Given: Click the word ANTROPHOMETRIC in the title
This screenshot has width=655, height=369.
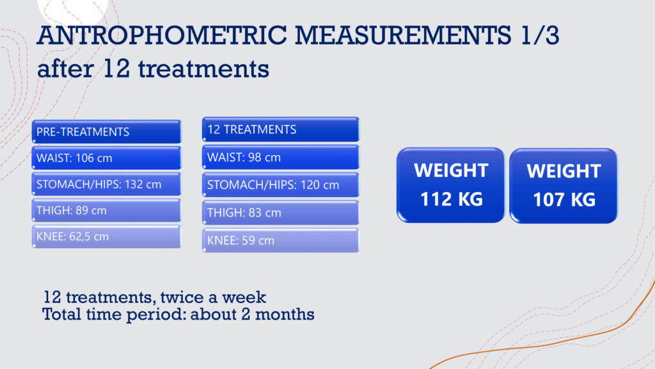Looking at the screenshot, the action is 162,35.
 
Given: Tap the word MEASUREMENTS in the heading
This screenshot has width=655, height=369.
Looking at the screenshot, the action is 403,35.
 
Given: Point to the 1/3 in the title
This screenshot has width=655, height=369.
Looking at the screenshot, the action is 540,35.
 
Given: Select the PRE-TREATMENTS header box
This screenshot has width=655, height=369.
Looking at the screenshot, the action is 107,132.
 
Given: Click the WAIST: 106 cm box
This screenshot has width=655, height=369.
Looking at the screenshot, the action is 107,158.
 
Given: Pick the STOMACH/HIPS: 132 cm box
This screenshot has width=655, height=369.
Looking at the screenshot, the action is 107,184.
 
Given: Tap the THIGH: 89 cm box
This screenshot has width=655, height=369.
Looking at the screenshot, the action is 107,210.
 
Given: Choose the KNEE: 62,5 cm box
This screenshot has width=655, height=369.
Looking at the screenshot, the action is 107,236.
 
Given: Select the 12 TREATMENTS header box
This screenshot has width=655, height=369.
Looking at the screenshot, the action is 281,129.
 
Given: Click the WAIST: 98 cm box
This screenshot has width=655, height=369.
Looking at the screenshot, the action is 281,158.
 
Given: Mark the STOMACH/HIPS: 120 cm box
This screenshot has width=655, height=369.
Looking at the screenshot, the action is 281,185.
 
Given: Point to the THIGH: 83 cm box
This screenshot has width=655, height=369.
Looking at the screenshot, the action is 281,213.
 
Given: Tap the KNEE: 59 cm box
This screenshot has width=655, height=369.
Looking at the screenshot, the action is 281,241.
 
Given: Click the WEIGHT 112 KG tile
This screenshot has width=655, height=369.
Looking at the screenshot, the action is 451,185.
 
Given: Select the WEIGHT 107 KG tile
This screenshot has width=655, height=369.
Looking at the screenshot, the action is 564,186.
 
